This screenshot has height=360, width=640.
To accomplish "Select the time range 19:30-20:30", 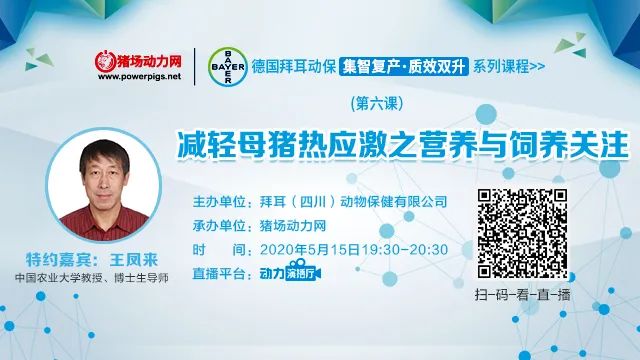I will [x=406, y=248].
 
